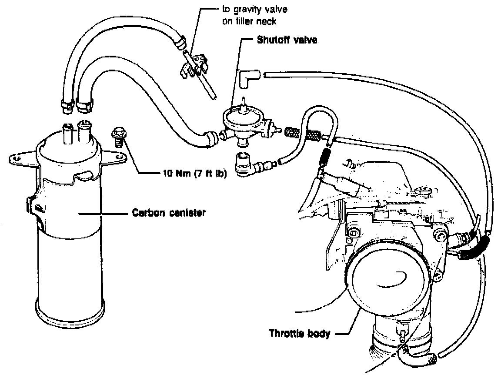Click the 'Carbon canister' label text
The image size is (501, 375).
169,213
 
